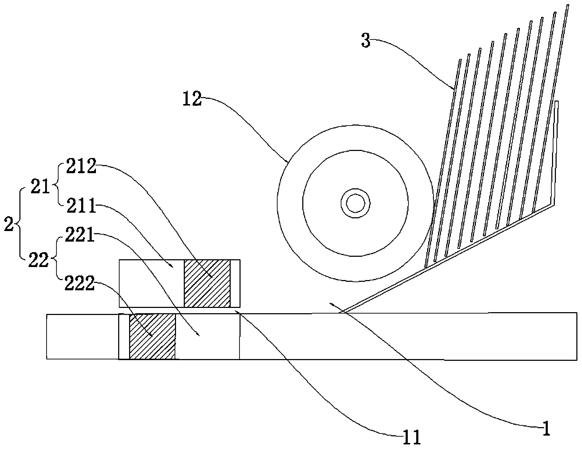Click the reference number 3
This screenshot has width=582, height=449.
coord(366,41)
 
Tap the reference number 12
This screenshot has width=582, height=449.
coord(192,100)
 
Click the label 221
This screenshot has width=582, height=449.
coord(80,235)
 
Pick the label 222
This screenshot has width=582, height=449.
coord(80,284)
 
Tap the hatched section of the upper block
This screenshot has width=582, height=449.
coord(207,283)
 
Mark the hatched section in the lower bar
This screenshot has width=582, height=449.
coord(152,336)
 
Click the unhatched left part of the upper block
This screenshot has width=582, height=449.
coord(151,283)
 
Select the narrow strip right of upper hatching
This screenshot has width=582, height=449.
coord(235,283)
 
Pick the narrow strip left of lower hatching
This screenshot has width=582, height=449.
coord(124,336)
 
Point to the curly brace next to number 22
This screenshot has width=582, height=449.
coord(56,260)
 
